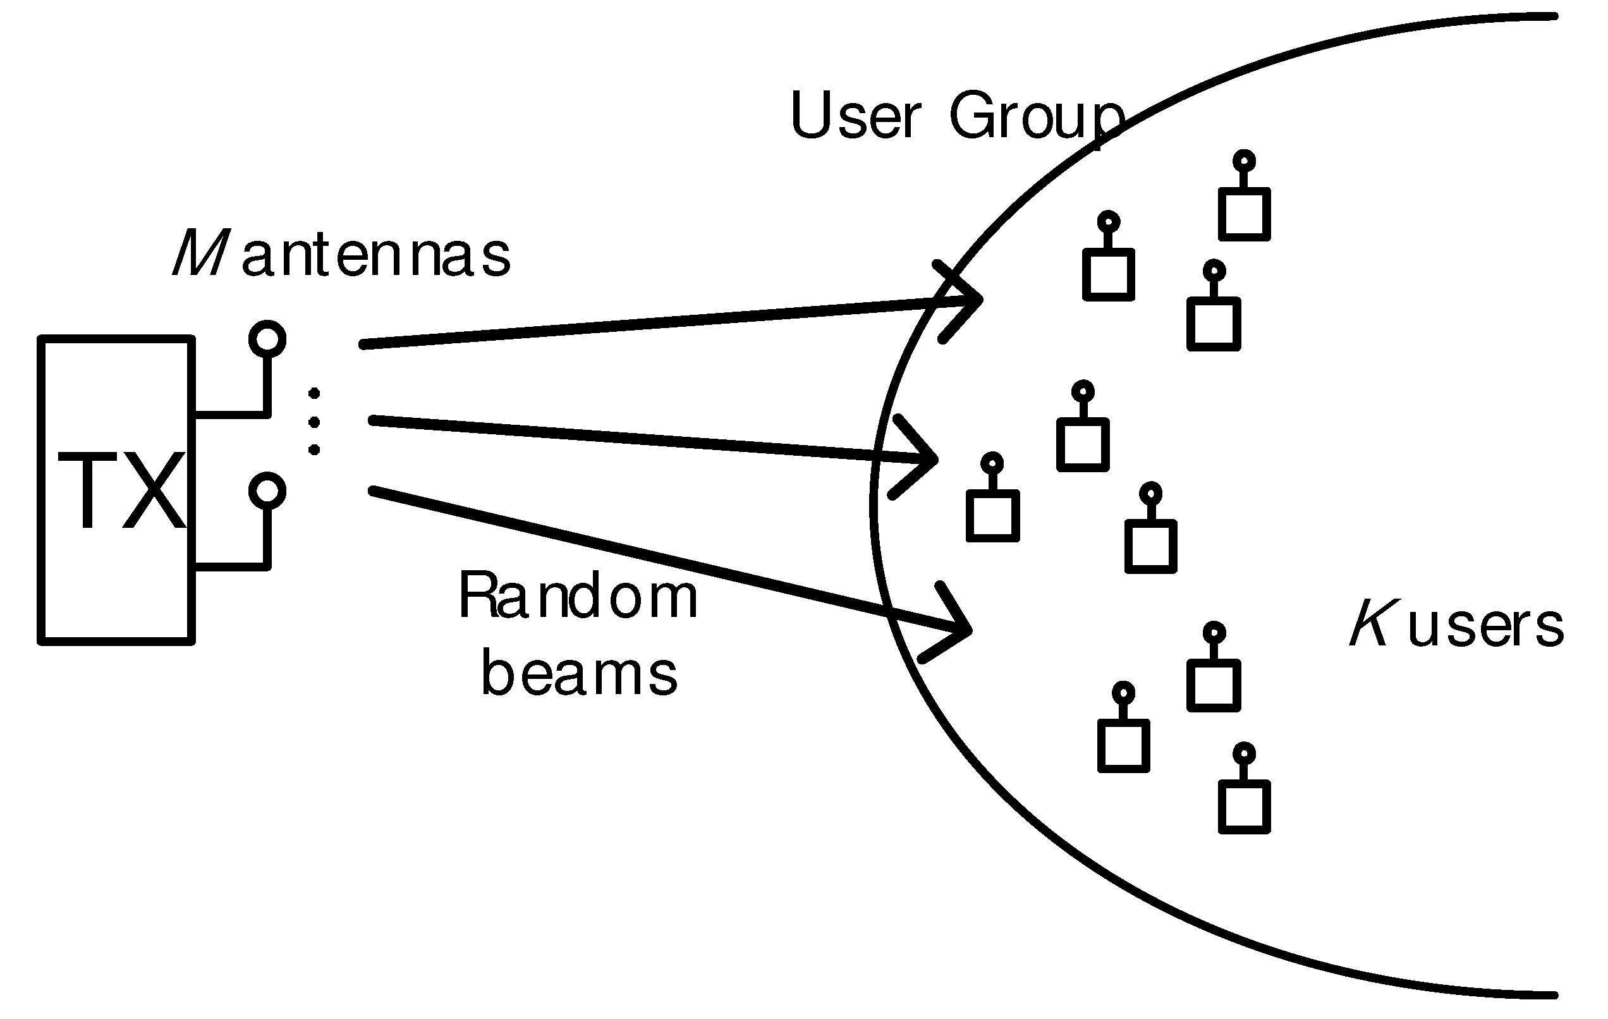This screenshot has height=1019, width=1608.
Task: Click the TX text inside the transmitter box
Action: tap(121, 490)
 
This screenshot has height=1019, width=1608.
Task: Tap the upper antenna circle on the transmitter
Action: tap(267, 339)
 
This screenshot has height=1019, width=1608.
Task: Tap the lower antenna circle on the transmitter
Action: tap(267, 491)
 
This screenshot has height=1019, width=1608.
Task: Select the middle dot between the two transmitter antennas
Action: tap(314, 422)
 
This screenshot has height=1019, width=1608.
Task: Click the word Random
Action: tap(578, 595)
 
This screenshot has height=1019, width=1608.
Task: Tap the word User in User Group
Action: tap(855, 116)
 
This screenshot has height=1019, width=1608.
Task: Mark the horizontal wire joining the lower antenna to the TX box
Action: tap(230, 567)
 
